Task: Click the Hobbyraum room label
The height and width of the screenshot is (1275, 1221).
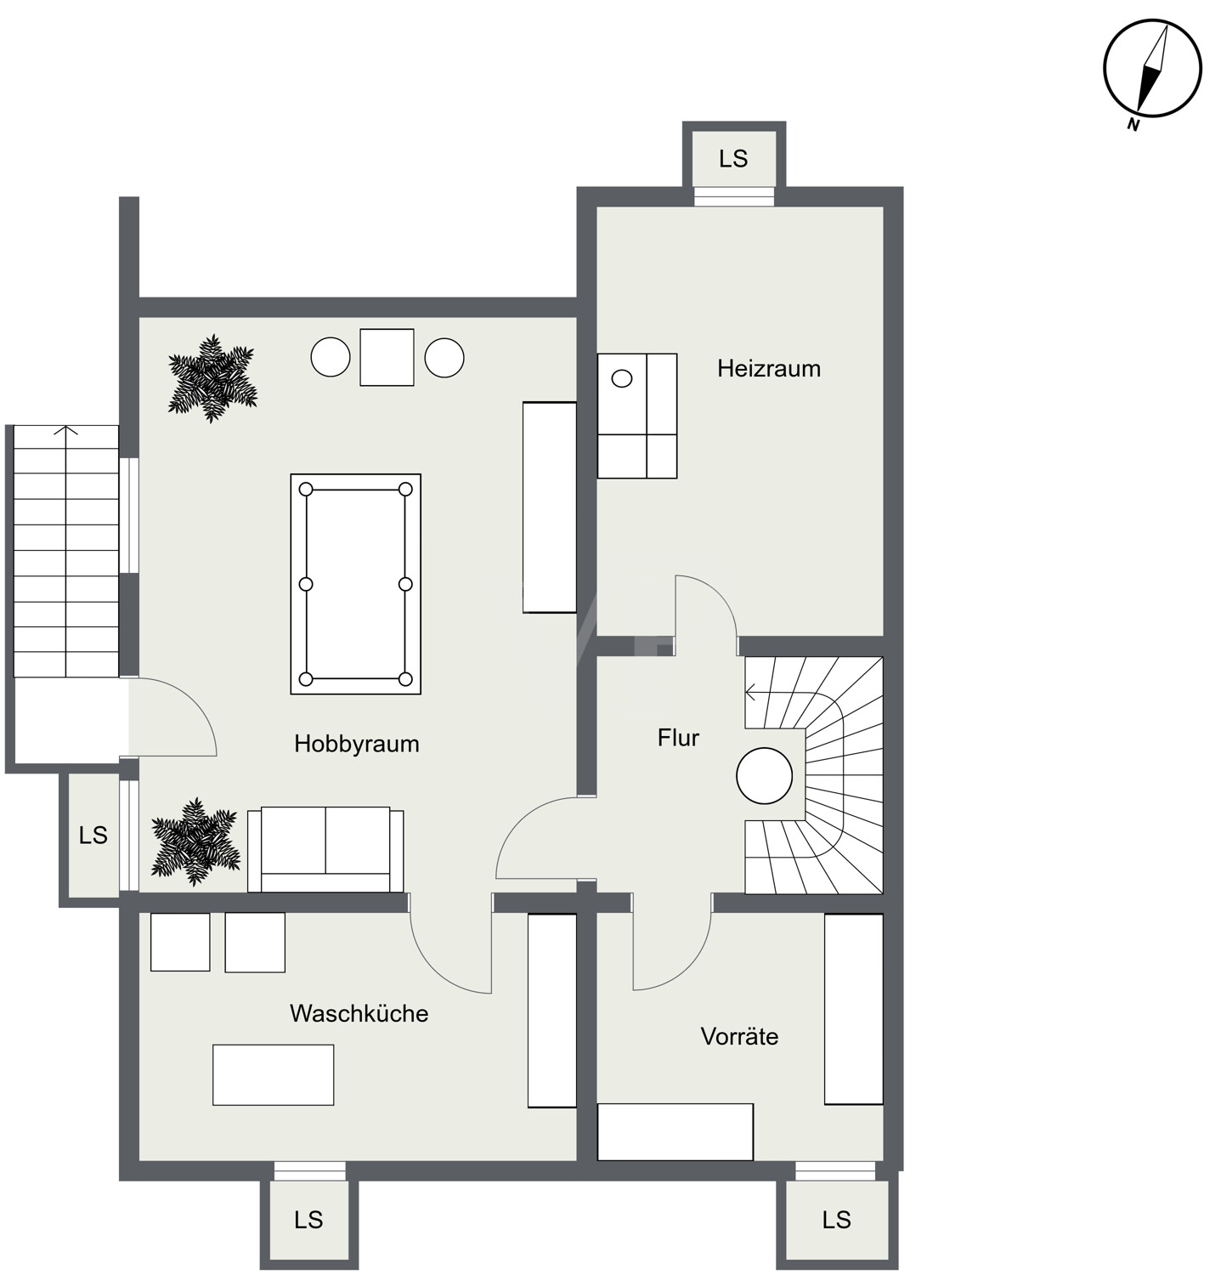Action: (x=357, y=744)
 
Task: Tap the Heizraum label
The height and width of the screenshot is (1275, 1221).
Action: (x=769, y=368)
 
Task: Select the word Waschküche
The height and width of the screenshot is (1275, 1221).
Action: (x=359, y=1013)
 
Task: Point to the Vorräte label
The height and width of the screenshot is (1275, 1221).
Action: (x=739, y=1036)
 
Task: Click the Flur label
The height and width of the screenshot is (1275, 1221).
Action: (x=678, y=737)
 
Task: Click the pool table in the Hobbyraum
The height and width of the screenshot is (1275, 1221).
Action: (x=356, y=584)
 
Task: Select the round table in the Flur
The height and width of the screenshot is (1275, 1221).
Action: (x=765, y=775)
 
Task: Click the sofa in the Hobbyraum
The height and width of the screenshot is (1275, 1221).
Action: (x=325, y=850)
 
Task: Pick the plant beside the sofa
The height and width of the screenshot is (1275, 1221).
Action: (x=195, y=841)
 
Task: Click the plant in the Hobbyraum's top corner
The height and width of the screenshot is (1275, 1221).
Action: (x=212, y=378)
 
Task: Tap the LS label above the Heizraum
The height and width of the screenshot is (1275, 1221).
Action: (x=733, y=159)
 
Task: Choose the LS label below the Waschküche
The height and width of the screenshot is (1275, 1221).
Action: (x=308, y=1221)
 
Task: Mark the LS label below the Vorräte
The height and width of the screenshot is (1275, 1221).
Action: (x=836, y=1221)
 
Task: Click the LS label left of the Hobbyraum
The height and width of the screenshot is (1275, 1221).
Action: (x=93, y=836)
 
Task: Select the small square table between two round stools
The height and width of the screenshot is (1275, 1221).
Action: (x=387, y=357)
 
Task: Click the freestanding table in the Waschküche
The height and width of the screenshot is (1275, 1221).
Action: (x=273, y=1075)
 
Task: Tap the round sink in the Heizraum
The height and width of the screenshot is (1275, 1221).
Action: (x=622, y=379)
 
